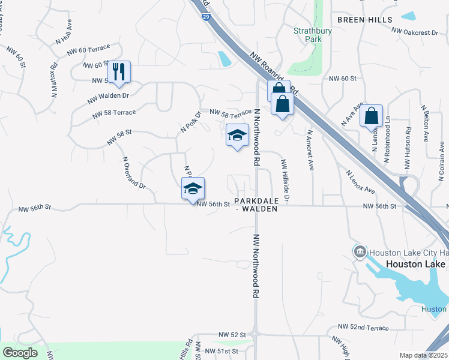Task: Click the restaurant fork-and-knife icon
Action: click(x=119, y=72)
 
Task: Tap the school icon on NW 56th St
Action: click(x=193, y=188)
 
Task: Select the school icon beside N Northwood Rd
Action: click(x=237, y=134)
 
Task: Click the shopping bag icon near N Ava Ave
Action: click(x=372, y=116)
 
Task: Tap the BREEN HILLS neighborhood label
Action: click(x=364, y=20)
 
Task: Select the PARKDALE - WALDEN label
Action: click(x=256, y=205)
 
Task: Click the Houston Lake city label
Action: click(x=415, y=264)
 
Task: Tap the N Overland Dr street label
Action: click(x=134, y=173)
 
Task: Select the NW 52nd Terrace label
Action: click(x=363, y=328)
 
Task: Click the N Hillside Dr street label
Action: click(x=286, y=180)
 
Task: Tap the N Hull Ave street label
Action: click(x=64, y=32)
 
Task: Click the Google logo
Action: click(x=20, y=353)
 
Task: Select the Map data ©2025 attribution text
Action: click(x=423, y=355)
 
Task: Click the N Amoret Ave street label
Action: click(x=310, y=150)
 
